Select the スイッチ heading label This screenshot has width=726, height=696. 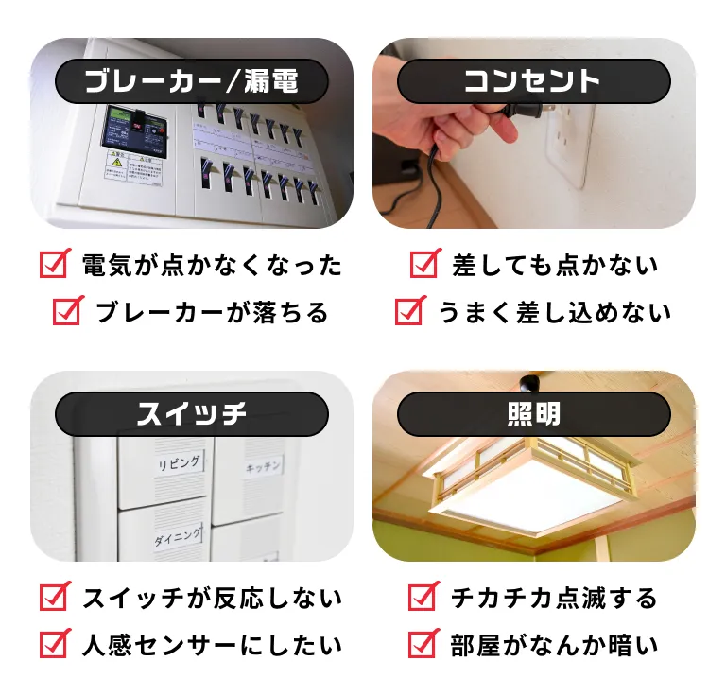coord(192,414)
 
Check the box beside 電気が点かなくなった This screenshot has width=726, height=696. coord(55,264)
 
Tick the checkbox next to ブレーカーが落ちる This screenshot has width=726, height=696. coord(68,310)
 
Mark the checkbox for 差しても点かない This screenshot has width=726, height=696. coord(425,264)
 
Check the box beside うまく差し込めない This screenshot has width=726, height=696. coord(409,310)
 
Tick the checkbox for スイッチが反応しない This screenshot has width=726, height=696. coord(55,597)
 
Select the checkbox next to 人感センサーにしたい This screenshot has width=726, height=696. coord(55,644)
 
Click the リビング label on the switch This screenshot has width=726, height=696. coord(179,463)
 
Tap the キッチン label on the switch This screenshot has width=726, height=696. coord(263,467)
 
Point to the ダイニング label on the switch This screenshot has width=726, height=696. coord(178,537)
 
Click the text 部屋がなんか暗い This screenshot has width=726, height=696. coord(554,645)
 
